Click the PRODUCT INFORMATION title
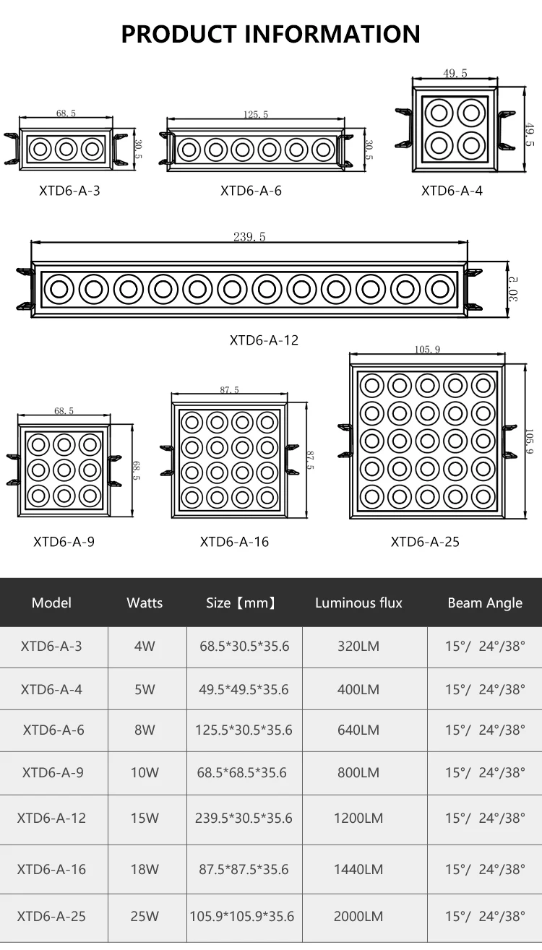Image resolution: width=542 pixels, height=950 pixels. tap(270, 34)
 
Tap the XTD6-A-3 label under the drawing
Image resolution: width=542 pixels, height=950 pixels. tap(69, 191)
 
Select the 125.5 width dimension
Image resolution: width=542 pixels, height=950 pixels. tap(255, 114)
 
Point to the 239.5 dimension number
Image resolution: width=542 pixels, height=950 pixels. tap(249, 237)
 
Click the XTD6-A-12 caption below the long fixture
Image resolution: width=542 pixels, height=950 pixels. tap(264, 340)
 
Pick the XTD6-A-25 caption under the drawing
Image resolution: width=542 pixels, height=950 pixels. tap(425, 542)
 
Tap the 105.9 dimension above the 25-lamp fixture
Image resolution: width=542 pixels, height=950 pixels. tap(427, 350)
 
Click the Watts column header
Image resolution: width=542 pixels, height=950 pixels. tap(145, 603)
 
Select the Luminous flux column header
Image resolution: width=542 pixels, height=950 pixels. tap(358, 603)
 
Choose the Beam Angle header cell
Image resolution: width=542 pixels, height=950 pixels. tap(485, 603)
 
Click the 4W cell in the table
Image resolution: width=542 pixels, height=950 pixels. tap(145, 646)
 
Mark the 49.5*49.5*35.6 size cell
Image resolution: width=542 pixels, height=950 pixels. tap(244, 689)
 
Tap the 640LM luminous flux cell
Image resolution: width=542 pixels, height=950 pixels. tap(358, 730)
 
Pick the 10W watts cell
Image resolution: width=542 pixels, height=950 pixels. tap(145, 772)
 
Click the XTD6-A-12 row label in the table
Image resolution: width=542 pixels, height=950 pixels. tap(51, 818)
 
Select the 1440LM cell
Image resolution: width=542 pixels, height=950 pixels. tap(358, 869)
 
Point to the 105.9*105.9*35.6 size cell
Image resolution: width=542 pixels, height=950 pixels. tap(242, 916)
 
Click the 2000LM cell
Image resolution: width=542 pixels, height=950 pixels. tap(358, 916)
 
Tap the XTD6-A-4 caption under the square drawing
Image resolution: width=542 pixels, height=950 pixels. tap(452, 191)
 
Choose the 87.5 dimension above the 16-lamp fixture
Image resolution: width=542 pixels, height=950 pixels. tap(229, 390)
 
